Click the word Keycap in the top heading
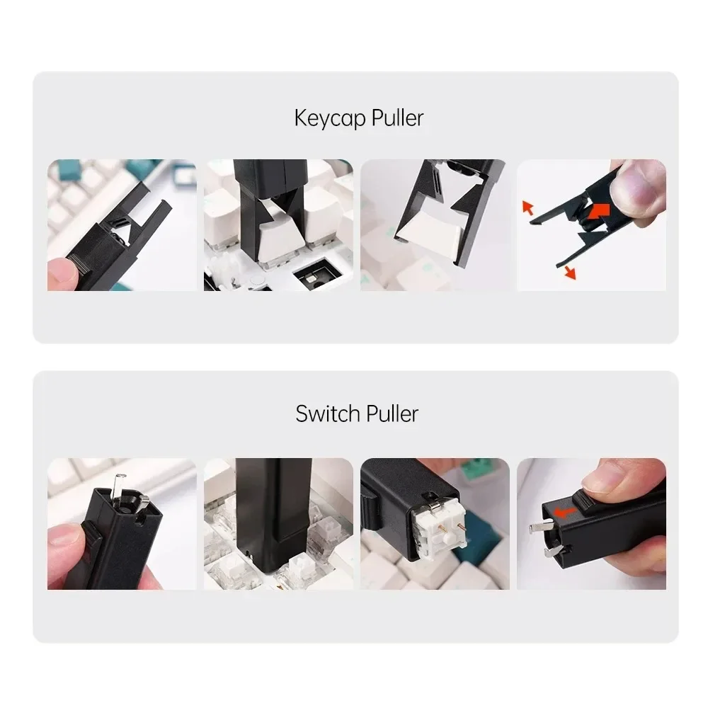point(324,118)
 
